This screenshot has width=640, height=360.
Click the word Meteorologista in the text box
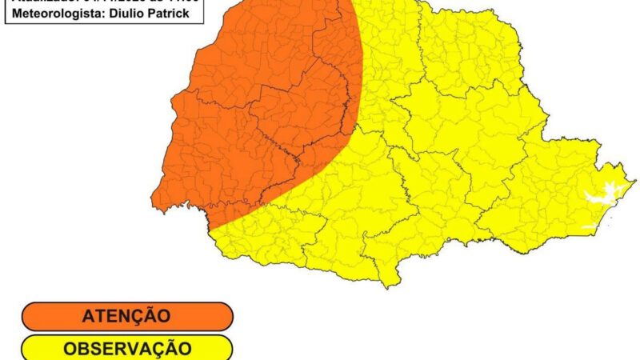[55, 14]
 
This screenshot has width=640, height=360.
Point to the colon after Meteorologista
[99, 14]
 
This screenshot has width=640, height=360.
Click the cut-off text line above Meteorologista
[104, 2]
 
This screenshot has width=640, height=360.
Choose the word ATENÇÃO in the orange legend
[126, 316]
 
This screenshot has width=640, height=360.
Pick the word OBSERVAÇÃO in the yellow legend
[126, 349]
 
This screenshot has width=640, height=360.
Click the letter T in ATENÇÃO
[98, 316]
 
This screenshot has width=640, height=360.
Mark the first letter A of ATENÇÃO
[86, 316]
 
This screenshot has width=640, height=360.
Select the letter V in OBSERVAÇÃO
[137, 349]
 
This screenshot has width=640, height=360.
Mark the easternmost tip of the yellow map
[635, 182]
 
